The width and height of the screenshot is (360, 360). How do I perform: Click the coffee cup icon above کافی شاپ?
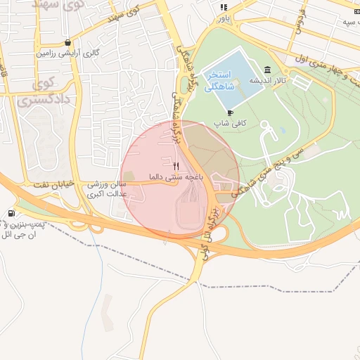230,112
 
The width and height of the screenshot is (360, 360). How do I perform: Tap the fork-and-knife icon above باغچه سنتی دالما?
176,167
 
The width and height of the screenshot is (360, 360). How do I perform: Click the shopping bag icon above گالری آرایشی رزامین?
67,43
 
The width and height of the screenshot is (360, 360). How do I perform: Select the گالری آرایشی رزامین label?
67,53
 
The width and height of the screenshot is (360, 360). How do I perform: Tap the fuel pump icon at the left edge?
11,214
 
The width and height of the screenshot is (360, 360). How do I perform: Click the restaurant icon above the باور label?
224,8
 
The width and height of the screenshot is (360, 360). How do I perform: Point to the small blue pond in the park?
282,130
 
